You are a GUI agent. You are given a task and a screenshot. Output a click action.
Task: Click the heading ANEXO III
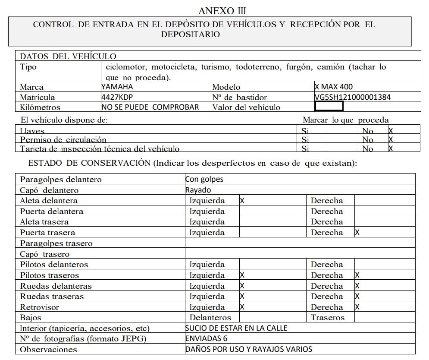tap(222, 10)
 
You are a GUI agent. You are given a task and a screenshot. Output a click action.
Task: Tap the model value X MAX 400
tap(334, 86)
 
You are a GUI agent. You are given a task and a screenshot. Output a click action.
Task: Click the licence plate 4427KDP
tap(117, 97)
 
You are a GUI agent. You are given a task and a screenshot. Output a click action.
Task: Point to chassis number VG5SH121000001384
tap(353, 97)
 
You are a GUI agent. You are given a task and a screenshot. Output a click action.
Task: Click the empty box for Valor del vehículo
tap(329, 106)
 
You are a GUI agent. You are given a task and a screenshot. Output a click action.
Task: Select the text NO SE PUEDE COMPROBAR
tap(150, 107)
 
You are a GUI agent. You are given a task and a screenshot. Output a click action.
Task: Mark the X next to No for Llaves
tap(391, 130)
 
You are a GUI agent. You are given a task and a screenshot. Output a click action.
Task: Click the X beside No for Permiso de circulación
tap(391, 139)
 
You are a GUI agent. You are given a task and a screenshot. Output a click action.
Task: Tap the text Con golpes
tap(204, 179)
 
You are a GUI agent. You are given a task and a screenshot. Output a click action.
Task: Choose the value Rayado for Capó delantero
tap(198, 190)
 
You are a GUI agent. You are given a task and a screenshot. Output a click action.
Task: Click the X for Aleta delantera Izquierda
tap(242, 201)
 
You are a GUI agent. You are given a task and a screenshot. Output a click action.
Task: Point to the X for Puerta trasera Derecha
tap(357, 233)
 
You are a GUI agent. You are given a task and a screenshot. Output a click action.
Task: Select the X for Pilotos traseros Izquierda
tap(242, 275)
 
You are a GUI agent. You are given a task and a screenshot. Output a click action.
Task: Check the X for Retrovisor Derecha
tap(357, 307)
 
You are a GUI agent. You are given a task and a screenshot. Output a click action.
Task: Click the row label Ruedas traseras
tap(52, 297)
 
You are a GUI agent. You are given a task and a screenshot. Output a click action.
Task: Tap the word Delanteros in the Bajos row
tap(210, 318)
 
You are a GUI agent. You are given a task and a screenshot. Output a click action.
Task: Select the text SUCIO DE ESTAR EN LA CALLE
tap(236, 328)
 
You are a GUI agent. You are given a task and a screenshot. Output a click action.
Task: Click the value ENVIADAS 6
tap(206, 338)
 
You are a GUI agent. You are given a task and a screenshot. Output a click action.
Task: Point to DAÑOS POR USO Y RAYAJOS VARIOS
tap(249, 349)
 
